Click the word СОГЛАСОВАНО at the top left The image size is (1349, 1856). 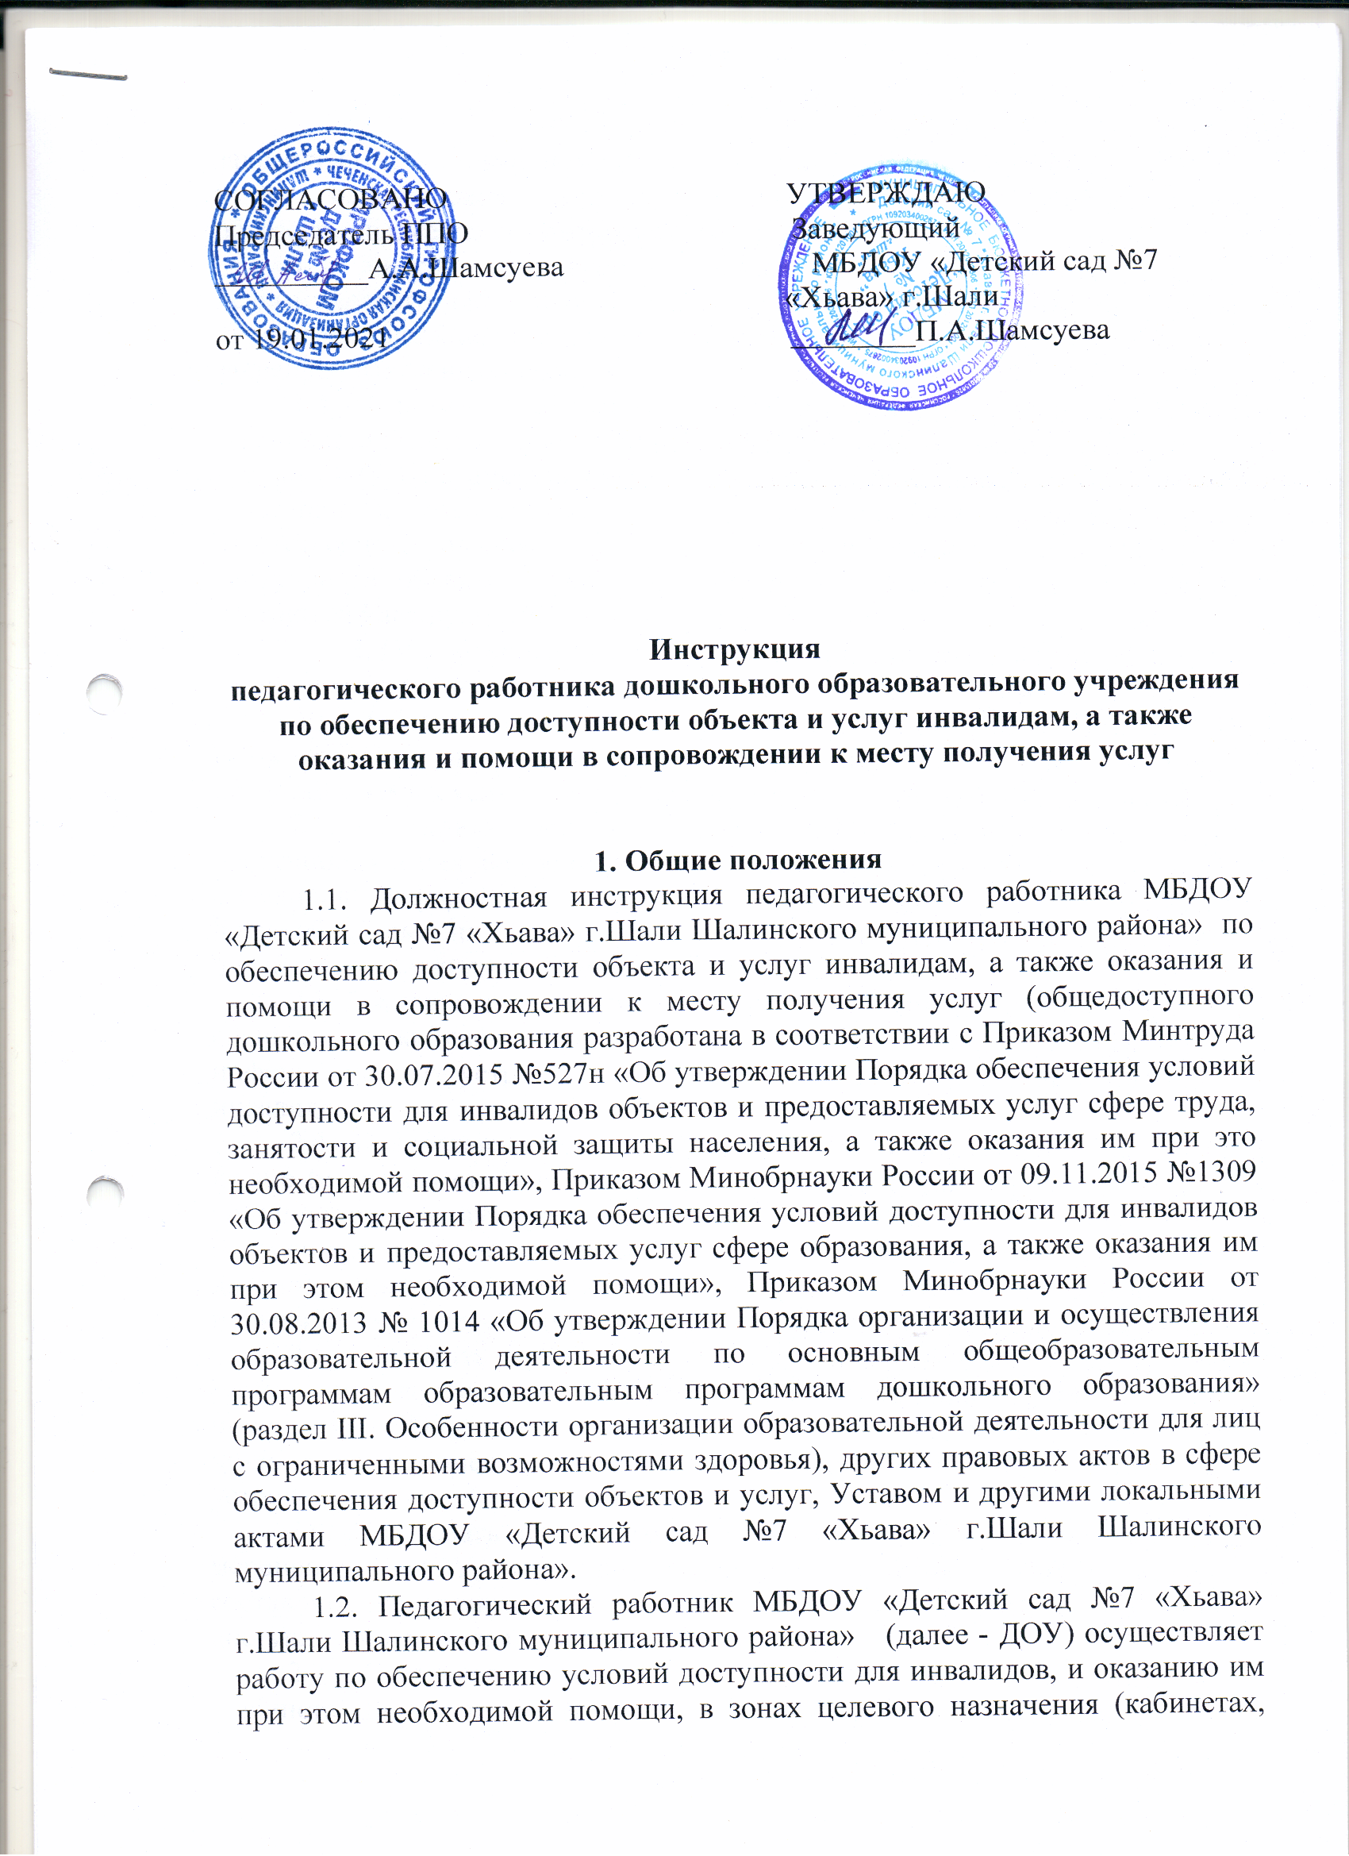[329, 198]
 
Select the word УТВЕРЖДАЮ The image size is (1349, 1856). [886, 192]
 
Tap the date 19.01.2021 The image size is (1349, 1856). [318, 339]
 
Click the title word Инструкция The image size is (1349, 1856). [734, 649]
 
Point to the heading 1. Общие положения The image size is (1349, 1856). [737, 860]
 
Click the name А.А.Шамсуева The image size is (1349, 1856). [467, 268]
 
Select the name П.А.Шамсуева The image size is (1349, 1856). [1012, 330]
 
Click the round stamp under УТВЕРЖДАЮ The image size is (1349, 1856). [900, 287]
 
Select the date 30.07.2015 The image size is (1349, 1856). [432, 1076]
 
